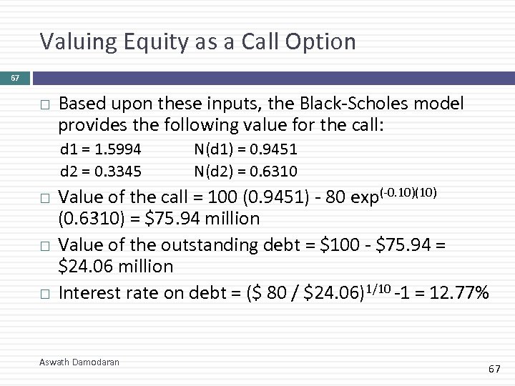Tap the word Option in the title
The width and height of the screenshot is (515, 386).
[x=323, y=42]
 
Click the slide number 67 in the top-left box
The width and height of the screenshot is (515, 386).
[x=14, y=77]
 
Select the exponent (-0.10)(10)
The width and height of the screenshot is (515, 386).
[x=406, y=193]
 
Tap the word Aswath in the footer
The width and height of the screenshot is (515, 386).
[x=53, y=362]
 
